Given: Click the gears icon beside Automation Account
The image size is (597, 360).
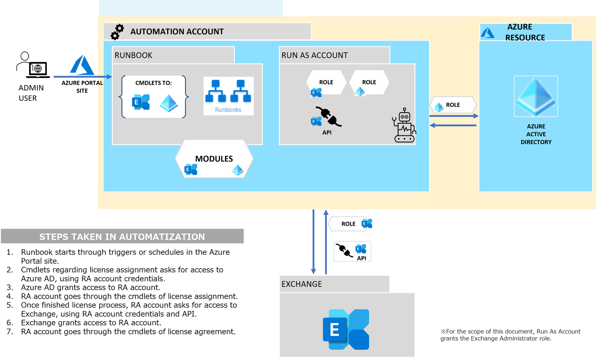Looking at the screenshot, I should click(117, 32).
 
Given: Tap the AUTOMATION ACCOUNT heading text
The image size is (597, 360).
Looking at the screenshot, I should click(177, 32).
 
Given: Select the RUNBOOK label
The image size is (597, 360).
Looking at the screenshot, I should click(134, 55).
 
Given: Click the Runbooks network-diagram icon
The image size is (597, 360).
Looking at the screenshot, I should click(228, 92).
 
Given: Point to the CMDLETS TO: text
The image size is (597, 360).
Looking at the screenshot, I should click(153, 83).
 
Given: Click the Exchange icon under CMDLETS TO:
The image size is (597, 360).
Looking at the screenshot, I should click(141, 102).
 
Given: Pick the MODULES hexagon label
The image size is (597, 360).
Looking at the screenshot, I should click(214, 159).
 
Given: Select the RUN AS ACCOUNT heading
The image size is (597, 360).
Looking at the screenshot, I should click(315, 55).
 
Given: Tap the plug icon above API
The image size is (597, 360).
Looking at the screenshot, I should click(328, 116).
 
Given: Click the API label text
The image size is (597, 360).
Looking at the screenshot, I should click(327, 132).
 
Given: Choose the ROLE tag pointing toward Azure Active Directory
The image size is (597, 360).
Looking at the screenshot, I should click(453, 105).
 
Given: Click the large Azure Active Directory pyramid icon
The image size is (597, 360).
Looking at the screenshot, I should click(536, 97).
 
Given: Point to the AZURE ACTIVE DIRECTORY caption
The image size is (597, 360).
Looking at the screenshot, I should click(536, 134).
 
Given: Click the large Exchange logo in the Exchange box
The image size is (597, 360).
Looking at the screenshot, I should click(346, 329).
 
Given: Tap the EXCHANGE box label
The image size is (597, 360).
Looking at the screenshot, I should click(301, 284).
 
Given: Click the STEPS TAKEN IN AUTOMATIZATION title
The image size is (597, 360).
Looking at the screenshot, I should click(122, 237).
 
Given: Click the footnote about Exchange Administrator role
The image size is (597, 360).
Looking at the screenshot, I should click(510, 335).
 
